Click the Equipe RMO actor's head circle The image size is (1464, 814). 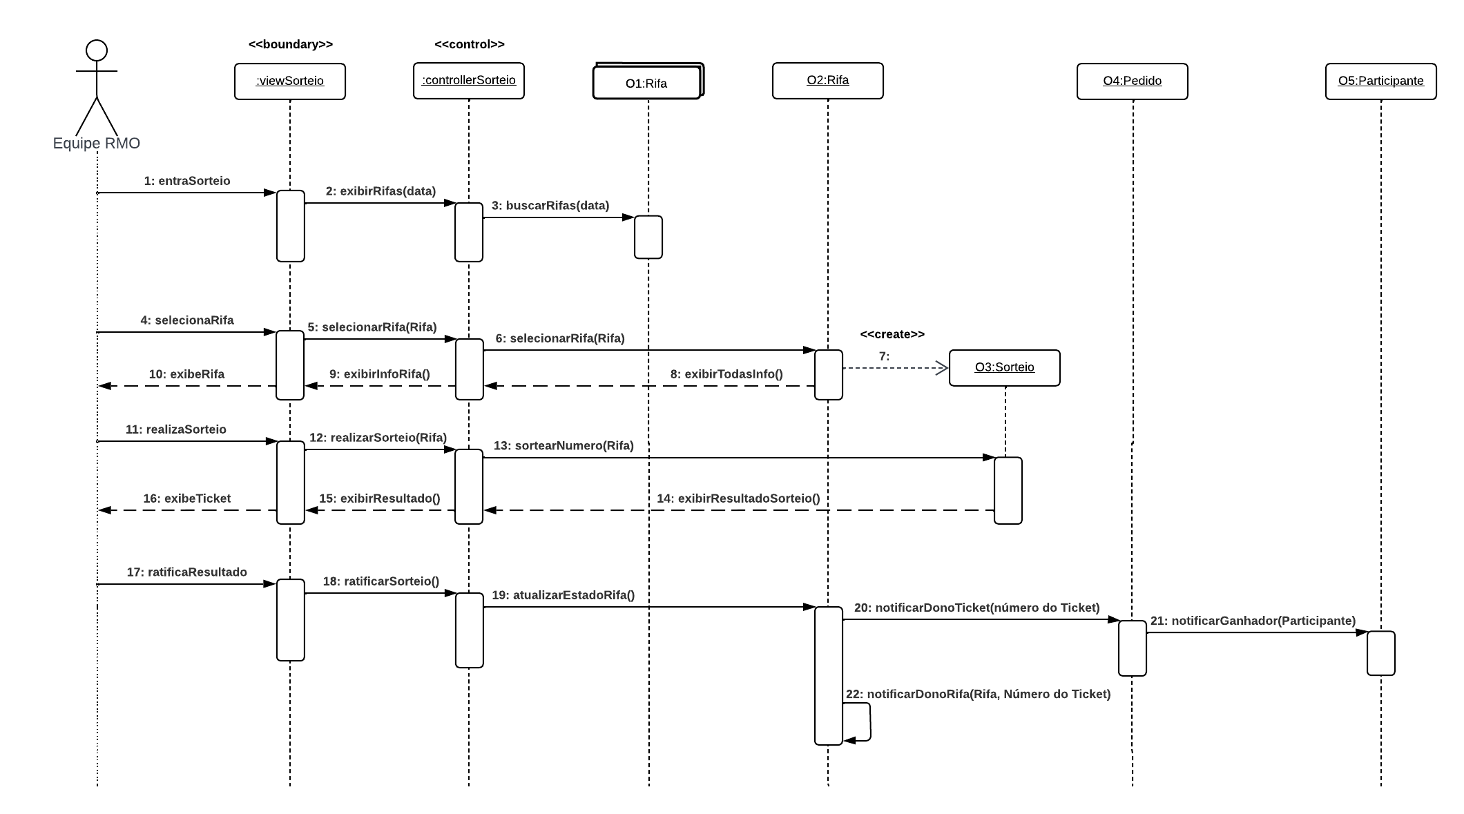click(x=97, y=51)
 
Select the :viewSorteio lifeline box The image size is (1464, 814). click(x=289, y=81)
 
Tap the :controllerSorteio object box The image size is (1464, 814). click(x=468, y=81)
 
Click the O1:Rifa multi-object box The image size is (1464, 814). click(x=646, y=83)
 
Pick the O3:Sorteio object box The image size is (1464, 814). click(x=1004, y=367)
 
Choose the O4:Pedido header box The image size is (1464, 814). click(x=1132, y=81)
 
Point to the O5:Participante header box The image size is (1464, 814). click(x=1380, y=81)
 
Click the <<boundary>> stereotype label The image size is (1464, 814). click(x=291, y=44)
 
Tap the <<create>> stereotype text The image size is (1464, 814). click(x=892, y=334)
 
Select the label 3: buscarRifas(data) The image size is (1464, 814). click(x=550, y=205)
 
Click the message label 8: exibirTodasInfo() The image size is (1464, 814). click(x=726, y=374)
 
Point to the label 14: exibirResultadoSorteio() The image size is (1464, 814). click(x=738, y=498)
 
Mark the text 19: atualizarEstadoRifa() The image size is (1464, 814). click(x=563, y=595)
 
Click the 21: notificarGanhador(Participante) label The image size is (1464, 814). click(x=1253, y=621)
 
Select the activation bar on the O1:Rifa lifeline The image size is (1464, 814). click(x=648, y=237)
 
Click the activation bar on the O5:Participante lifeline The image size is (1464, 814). click(x=1380, y=652)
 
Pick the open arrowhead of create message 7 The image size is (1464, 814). click(x=942, y=368)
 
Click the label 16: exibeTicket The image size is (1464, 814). click(x=186, y=498)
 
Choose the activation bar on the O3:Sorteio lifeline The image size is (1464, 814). click(x=1008, y=490)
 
